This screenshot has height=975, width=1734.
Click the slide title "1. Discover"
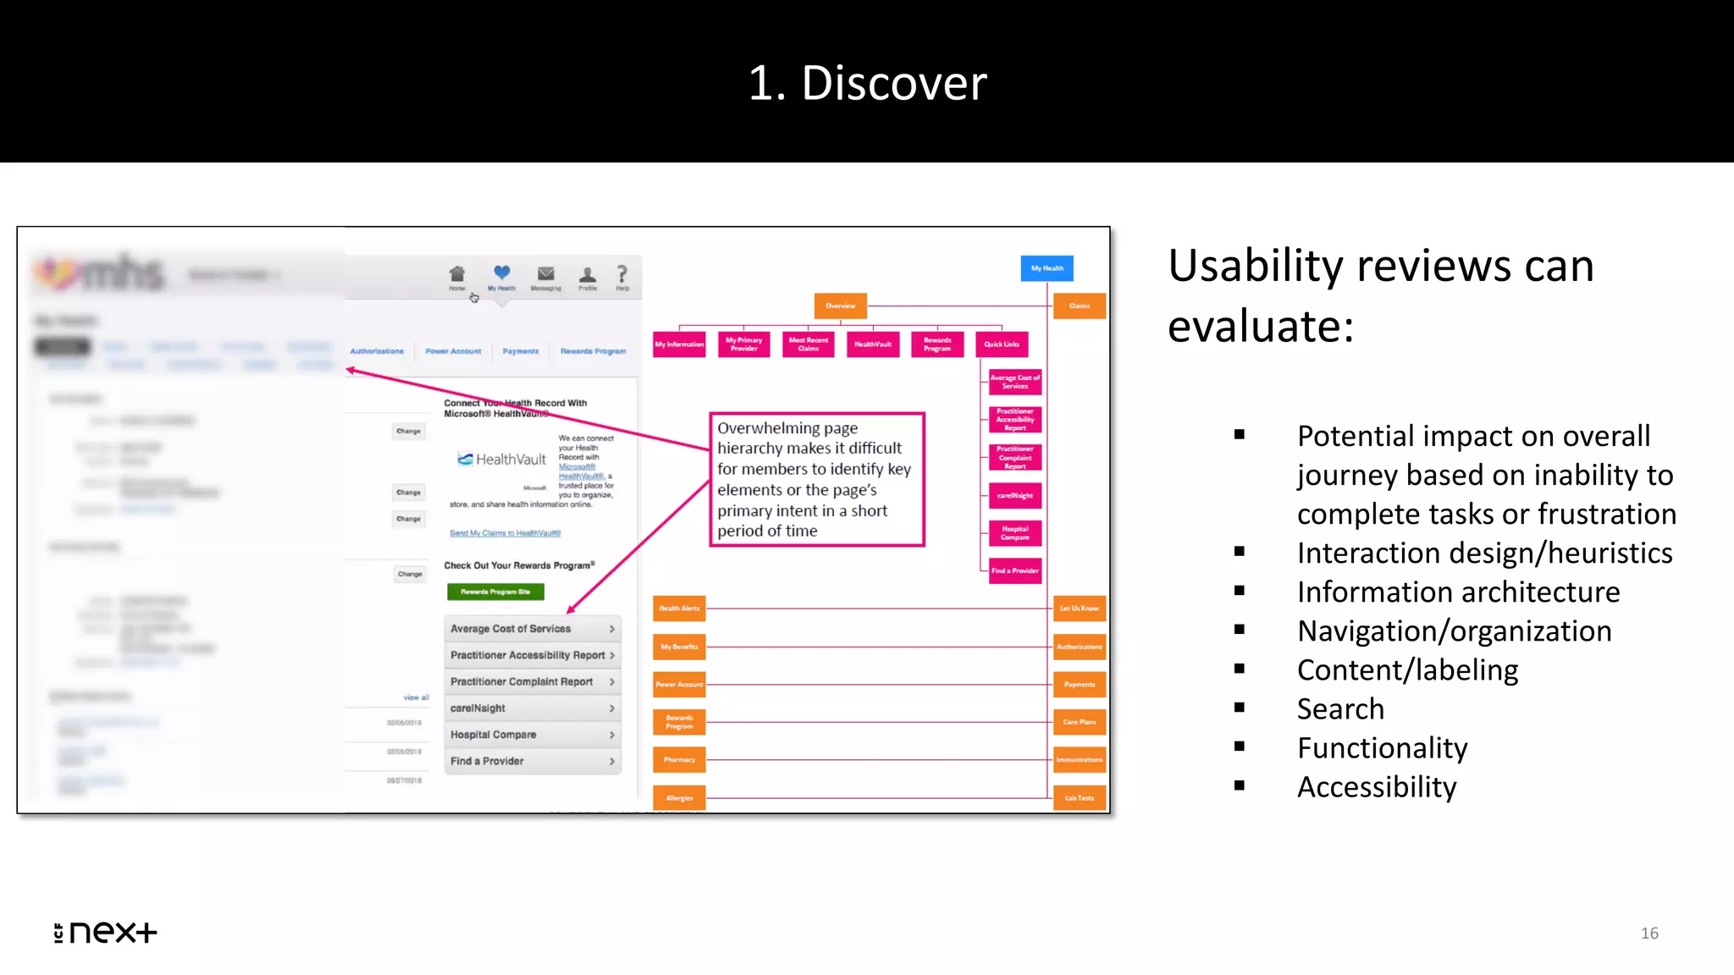coord(867,83)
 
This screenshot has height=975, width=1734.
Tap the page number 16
coord(1648,933)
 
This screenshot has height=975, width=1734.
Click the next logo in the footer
coord(106,932)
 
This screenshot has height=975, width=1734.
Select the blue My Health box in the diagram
coord(1046,268)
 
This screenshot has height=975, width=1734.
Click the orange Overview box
coord(840,306)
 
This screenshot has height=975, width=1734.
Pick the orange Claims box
coord(1079,306)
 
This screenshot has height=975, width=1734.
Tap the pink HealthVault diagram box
coord(872,344)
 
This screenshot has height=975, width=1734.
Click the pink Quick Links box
coord(1002,344)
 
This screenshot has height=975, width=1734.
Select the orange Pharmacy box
coord(679,760)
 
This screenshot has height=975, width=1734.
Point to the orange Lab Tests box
coord(1079,797)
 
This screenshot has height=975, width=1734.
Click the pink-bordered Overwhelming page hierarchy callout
coord(816,479)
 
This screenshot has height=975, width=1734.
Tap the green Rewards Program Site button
coord(495,592)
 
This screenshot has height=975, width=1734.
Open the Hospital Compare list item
coord(532,735)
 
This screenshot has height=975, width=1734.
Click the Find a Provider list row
coord(532,761)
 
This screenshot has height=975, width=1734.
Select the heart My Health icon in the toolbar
coord(502,275)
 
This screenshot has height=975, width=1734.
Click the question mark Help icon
coord(622,276)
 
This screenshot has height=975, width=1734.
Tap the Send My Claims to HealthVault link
coord(505,533)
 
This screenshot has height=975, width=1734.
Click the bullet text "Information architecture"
coord(1458,592)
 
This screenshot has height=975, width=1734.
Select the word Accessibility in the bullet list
coord(1377,786)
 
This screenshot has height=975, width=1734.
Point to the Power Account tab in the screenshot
coord(453,351)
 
